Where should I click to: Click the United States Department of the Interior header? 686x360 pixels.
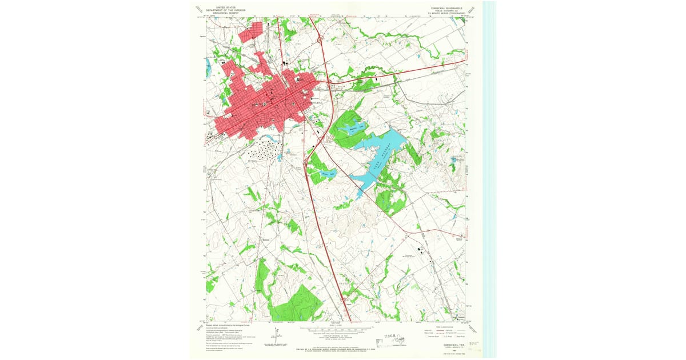(225, 10)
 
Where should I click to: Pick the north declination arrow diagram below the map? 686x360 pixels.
(276, 337)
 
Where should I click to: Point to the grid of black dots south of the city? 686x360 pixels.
(265, 150)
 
